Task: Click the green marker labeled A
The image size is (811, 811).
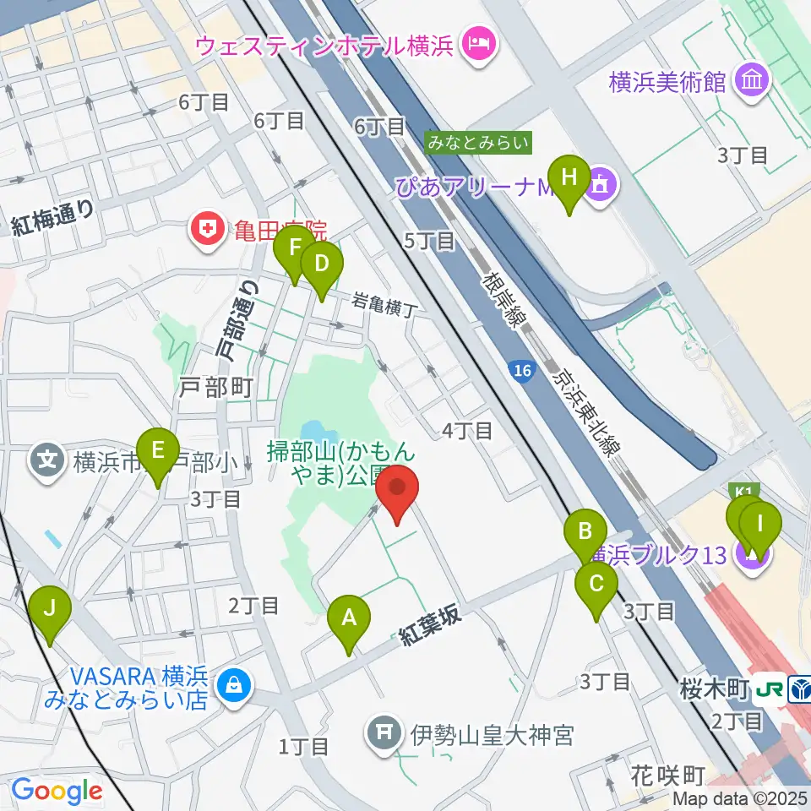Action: [x=348, y=623]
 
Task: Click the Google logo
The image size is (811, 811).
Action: [x=56, y=791]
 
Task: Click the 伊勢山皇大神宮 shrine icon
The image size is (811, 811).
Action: [x=384, y=732]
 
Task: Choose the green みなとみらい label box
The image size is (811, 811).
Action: [x=478, y=143]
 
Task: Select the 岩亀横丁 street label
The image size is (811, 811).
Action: [x=384, y=302]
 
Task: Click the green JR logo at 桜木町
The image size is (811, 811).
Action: [x=770, y=689]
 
